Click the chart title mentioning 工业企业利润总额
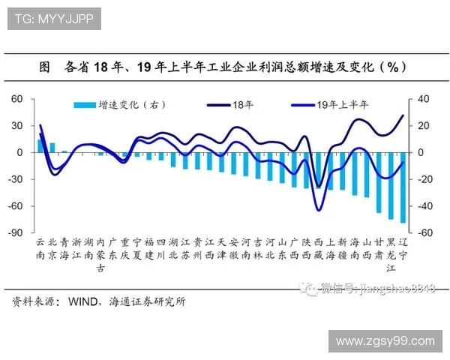(x=225, y=67)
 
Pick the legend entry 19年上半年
(x=341, y=106)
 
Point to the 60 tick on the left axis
(x=16, y=99)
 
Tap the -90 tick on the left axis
(x=15, y=233)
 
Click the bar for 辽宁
(x=403, y=187)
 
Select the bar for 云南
(x=40, y=146)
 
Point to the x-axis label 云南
(x=40, y=249)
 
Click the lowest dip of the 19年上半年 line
(x=319, y=211)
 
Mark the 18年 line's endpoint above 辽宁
(x=403, y=115)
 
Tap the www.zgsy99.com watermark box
(x=385, y=341)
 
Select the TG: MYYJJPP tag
(x=53, y=19)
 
